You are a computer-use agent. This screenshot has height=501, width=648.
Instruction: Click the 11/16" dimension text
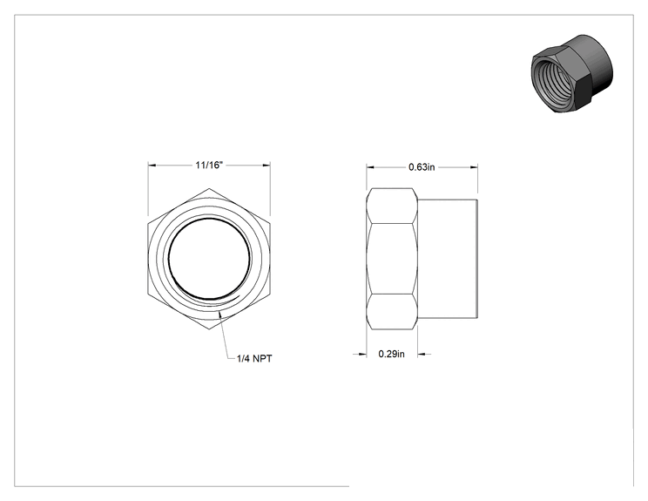click(209, 166)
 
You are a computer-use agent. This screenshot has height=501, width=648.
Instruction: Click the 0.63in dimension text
click(422, 167)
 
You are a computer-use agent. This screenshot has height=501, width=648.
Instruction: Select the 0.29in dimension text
click(391, 354)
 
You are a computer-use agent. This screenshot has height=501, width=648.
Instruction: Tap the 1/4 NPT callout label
click(254, 358)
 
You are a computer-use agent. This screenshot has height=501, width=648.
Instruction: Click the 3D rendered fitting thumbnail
click(571, 74)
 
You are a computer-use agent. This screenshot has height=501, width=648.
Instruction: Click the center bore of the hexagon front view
click(209, 259)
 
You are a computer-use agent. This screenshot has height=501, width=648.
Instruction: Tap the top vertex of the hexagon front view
click(209, 188)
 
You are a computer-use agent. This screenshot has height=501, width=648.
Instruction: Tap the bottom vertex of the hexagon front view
click(209, 329)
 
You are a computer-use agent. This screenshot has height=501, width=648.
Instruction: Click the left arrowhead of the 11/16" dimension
click(152, 166)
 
